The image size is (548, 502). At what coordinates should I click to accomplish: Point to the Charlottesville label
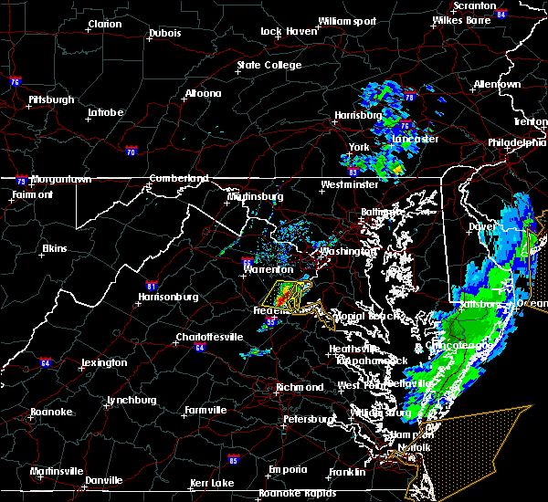[209, 338]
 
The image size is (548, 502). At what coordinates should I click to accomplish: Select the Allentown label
[497, 84]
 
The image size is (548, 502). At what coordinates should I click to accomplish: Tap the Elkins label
[56, 248]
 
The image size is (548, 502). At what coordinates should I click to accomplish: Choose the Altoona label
[203, 93]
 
